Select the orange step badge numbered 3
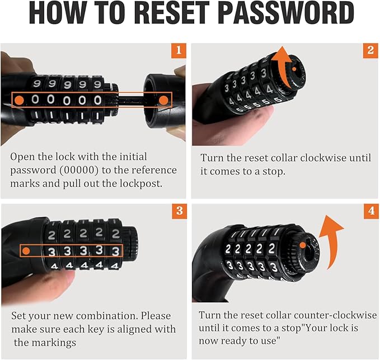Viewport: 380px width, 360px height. pos(178,211)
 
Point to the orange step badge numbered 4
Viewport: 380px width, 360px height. pos(370,211)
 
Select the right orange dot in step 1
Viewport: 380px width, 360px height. pos(163,100)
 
